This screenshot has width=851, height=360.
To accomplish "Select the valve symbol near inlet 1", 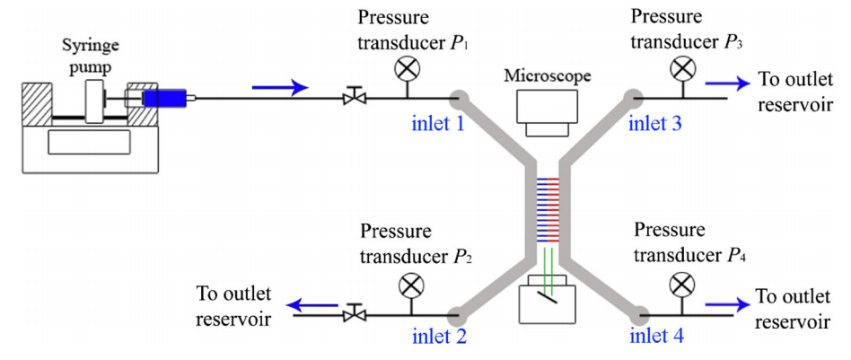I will tap(356, 95).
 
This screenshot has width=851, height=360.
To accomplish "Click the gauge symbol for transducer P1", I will tap(407, 66).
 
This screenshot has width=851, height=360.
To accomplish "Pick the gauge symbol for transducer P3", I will tap(684, 66).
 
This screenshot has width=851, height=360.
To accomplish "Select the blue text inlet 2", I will tap(438, 338).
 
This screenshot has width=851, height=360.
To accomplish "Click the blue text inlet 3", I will tap(655, 123).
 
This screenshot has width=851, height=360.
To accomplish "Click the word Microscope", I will tap(548, 75).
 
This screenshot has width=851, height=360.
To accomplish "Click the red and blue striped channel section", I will tap(547, 211).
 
